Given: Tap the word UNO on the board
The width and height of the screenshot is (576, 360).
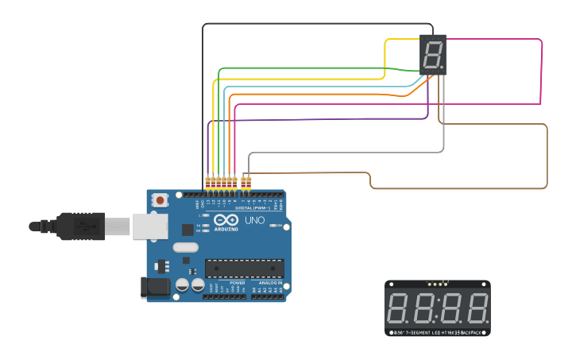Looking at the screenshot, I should click(x=255, y=220).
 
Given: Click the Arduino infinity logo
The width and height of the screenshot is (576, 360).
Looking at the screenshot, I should click(x=226, y=220).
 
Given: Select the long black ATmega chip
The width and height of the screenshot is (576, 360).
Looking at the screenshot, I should click(x=244, y=269).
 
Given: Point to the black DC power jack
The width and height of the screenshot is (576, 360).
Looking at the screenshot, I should click(x=155, y=288).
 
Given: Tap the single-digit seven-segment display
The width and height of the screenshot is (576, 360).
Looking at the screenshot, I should click(x=432, y=55).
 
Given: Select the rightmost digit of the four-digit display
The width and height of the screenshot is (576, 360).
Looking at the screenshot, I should click(x=477, y=308).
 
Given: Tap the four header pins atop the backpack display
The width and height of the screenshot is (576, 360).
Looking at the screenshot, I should click(x=437, y=283).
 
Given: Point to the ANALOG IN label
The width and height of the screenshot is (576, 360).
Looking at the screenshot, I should click(x=269, y=283).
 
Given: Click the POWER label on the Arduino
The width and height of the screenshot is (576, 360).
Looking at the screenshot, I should click(x=237, y=283).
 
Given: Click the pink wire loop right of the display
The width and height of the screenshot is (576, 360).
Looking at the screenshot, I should click(x=542, y=72).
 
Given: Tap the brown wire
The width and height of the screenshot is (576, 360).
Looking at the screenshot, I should click(x=547, y=159).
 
